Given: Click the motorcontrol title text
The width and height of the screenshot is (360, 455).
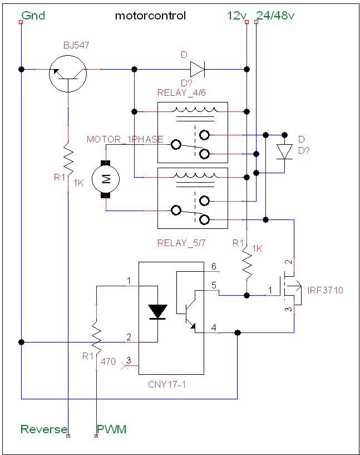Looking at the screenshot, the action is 150,16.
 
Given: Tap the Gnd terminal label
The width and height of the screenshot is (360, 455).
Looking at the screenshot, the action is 33,16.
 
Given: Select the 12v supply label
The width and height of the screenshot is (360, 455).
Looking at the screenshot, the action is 236,16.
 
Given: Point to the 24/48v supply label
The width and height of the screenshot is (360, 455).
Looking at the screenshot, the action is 275,16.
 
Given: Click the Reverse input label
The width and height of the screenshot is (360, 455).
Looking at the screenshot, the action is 44,429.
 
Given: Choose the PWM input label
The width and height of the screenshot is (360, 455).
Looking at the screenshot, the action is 112,429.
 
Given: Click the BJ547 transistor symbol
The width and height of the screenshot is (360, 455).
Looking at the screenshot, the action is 68,74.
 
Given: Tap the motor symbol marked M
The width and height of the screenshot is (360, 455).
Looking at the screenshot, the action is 106,179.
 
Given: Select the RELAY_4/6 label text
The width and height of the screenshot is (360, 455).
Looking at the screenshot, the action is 181,92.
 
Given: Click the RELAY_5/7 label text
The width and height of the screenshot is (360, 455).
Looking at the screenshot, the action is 181,243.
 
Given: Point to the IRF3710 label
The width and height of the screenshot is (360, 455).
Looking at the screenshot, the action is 325,290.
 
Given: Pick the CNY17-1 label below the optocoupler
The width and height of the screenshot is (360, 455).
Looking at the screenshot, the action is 167,384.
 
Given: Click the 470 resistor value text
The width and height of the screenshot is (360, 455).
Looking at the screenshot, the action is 108,361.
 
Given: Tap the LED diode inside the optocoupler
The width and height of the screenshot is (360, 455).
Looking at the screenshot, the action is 157,312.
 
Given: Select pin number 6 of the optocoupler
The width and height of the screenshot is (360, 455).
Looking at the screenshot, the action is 214,266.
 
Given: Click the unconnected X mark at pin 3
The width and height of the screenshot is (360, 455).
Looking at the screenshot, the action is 125,366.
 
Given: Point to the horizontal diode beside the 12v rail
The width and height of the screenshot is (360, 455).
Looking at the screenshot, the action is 198,70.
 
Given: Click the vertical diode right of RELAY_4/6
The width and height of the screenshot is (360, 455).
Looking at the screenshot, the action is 285,152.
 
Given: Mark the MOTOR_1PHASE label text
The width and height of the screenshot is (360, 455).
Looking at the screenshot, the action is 125,139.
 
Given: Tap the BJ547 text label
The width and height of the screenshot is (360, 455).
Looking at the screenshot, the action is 76,45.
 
